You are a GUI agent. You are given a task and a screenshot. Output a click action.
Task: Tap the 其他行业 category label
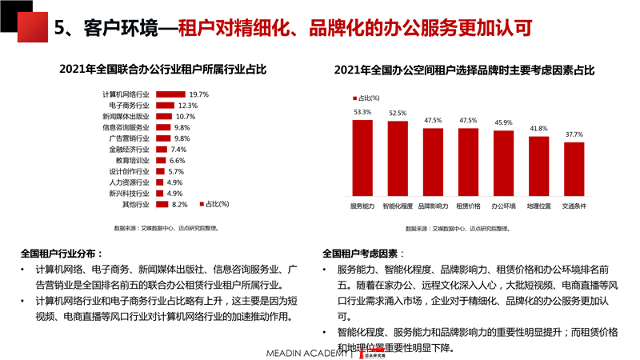pos(136,205)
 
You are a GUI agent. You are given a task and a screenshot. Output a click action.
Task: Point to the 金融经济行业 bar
pos(161,150)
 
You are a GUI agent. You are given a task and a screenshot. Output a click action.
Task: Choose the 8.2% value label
pos(179,205)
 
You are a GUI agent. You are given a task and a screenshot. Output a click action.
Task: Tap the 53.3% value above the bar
pos(362,112)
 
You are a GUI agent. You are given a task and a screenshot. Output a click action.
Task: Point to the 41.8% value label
pos(539,129)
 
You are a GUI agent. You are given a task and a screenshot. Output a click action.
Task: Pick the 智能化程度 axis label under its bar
pos(398,206)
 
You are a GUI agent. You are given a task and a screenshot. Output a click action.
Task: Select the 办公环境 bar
pos(504,164)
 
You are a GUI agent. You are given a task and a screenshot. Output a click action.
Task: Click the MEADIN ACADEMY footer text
pos(308,352)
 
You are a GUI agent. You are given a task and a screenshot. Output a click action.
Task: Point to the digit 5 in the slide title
pos(59,29)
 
